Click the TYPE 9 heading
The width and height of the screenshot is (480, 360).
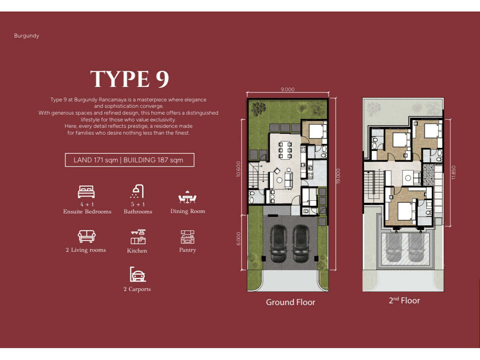(129, 79)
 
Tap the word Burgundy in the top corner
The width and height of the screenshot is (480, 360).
(27, 35)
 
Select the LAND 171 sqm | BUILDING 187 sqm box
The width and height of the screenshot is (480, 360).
(129, 160)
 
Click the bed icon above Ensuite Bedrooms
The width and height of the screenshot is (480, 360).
(86, 192)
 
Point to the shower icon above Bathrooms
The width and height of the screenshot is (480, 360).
(137, 191)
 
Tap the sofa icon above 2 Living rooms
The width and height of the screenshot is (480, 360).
(86, 236)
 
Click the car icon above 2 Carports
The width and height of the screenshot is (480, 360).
(138, 274)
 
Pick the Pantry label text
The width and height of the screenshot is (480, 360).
(187, 250)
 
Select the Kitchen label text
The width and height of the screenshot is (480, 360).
(137, 251)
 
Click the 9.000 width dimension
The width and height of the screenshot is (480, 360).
(288, 89)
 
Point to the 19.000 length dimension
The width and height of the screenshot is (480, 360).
(338, 176)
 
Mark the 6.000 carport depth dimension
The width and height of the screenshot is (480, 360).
(239, 239)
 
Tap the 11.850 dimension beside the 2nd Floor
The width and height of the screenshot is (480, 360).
(453, 173)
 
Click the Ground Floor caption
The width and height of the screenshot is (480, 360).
(290, 302)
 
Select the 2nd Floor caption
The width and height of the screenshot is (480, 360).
(404, 300)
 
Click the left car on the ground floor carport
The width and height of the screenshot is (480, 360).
(278, 244)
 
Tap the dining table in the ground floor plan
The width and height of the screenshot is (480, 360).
(285, 150)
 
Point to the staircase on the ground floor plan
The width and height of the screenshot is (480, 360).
(254, 176)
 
